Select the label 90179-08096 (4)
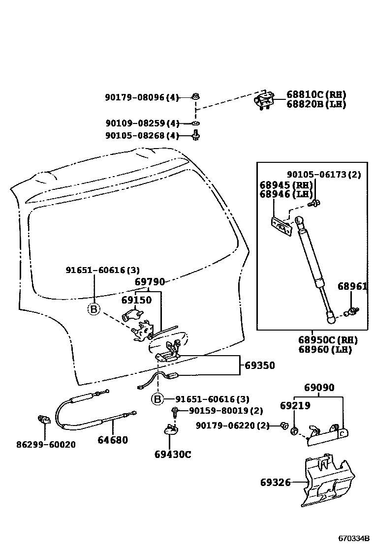pos(142,97)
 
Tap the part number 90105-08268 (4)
pos(142,136)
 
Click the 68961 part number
pos(352,286)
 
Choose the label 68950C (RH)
pos(327,340)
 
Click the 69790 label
pos(150,282)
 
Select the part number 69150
pos(136,300)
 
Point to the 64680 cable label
pos(113,440)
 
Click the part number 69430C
pos(172,455)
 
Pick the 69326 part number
pos(275,483)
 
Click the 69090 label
pos(318,388)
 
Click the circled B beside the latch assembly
pos(93,309)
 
